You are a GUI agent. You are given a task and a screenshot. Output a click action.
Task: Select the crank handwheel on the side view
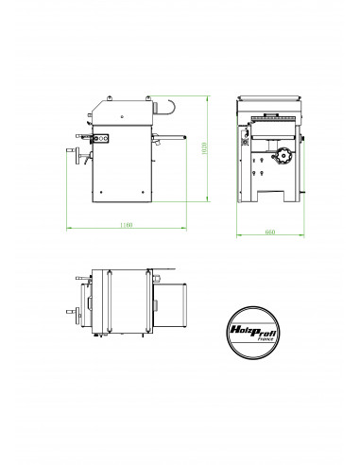(x=72, y=156)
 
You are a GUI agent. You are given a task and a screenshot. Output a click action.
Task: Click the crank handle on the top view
(x=72, y=307)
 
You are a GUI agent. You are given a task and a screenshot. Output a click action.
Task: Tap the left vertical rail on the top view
(x=107, y=302)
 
